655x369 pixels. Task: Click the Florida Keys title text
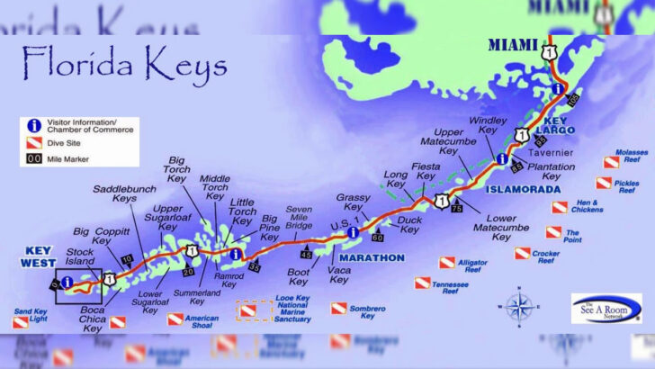click(123, 65)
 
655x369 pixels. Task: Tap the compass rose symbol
click(519, 307)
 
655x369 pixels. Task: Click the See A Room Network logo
click(606, 308)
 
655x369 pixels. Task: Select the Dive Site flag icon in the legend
click(33, 141)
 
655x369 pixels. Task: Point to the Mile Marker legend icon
click(33, 158)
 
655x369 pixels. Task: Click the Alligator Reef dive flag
click(447, 263)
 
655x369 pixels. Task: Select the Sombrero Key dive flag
click(338, 309)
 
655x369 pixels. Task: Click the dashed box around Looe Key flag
click(253, 310)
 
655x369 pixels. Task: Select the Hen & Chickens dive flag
click(560, 207)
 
